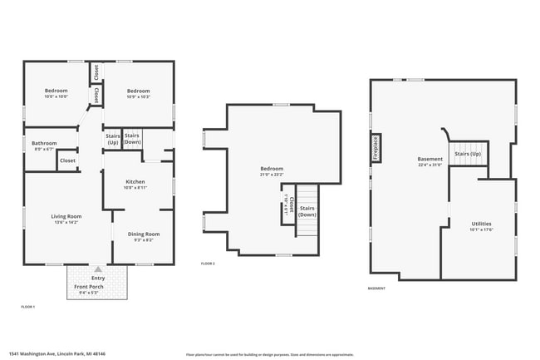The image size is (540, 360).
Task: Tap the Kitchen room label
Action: coord(135,181)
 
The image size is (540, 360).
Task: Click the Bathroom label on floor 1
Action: coord(44,143)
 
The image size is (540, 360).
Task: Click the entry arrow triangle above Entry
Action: coord(98,269)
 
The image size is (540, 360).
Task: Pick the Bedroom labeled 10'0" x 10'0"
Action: coord(56,91)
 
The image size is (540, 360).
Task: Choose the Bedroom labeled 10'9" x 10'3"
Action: coord(138,91)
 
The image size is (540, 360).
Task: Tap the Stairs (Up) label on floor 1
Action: coord(112,139)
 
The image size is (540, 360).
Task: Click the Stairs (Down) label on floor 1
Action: coord(132,139)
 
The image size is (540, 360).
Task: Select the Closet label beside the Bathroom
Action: coord(67,160)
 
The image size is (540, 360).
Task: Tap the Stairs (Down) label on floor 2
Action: coord(307,210)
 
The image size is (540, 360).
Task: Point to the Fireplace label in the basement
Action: coord(376,147)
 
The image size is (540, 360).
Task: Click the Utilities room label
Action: coord(481,224)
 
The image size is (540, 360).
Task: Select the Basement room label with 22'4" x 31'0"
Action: coord(430,159)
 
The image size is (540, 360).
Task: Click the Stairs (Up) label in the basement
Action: coord(468,154)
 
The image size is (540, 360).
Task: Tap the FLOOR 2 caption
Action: coord(208,264)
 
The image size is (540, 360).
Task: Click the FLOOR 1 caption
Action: coord(28,307)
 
